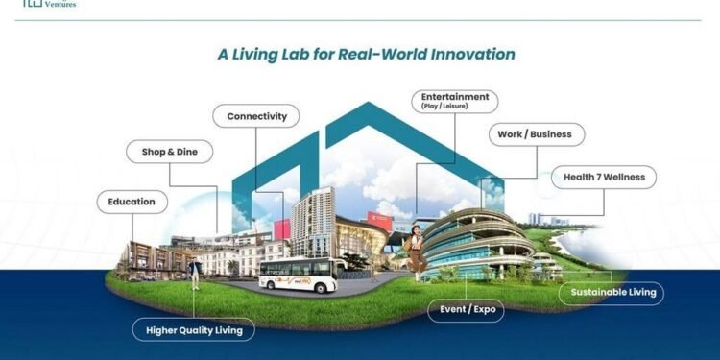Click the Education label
[132, 202]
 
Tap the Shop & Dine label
[170, 151]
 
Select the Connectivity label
[256, 116]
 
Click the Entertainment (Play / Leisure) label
[454, 101]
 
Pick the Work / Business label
[536, 134]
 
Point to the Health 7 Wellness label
[604, 177]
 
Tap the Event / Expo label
[466, 310]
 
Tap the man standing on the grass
[195, 272]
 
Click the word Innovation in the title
[462, 54]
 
